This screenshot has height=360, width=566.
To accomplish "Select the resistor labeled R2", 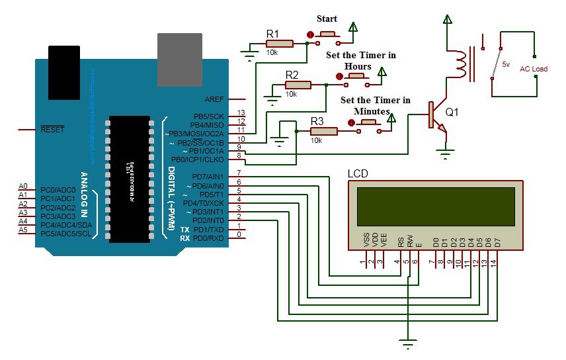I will pos(298,85).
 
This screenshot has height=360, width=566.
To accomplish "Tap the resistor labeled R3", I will pos(324,132).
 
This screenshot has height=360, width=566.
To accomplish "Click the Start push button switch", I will pos(329,34).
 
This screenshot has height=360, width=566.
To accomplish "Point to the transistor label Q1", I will pos(452,112).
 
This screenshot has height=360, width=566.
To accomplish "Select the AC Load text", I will pos(533,69).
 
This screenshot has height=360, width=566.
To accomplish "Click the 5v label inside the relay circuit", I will pos(506,64).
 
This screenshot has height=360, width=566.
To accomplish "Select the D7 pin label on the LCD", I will pos(496,242).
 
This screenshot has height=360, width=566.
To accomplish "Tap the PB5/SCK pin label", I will pos(210,116).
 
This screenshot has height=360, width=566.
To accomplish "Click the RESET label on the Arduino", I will pos(52,129).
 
